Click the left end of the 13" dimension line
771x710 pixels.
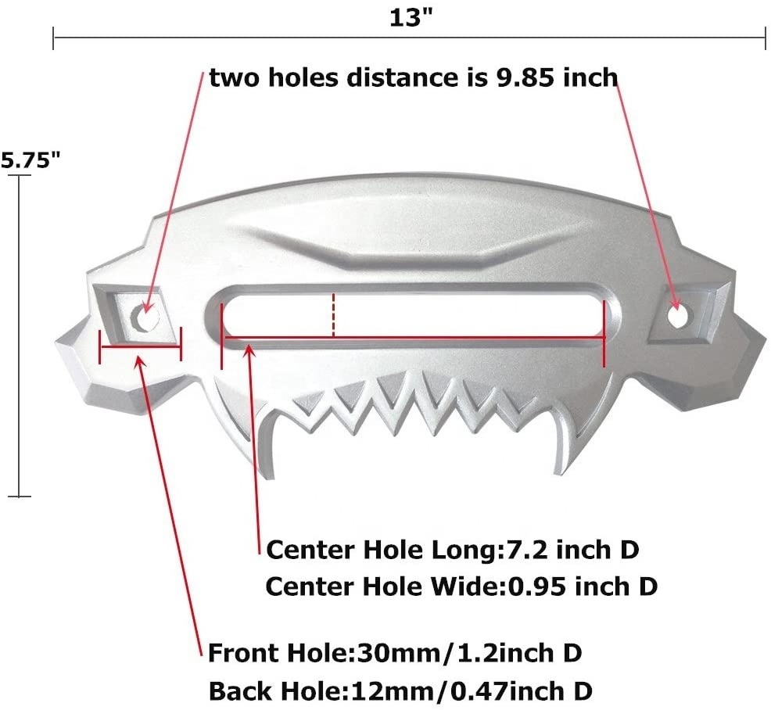click(x=53, y=38)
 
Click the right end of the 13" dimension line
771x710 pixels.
click(x=765, y=38)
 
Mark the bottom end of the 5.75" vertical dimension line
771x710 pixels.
click(x=20, y=497)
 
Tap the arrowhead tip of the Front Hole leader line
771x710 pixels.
click(x=137, y=356)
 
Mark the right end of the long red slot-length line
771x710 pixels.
click(x=604, y=337)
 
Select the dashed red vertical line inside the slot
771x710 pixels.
click(x=334, y=315)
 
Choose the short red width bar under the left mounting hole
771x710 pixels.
click(x=141, y=346)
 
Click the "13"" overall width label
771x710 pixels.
click(x=411, y=18)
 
